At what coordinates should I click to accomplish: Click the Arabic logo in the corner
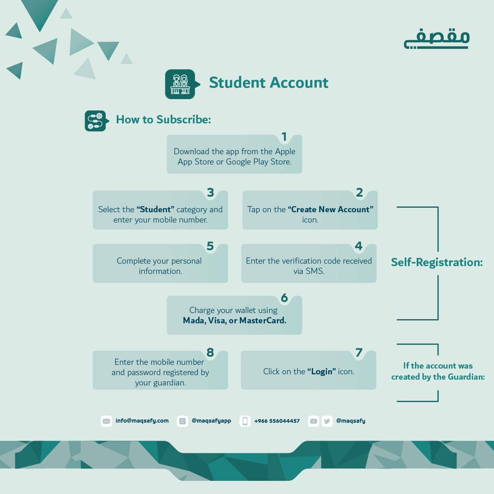[x=436, y=39]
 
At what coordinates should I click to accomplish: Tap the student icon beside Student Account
[x=180, y=84]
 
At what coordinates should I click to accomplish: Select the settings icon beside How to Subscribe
[x=95, y=121]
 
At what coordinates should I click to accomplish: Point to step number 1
[x=284, y=137]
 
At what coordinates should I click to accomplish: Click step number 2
[x=359, y=192]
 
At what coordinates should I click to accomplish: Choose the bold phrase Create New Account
[x=331, y=209]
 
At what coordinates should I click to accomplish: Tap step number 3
[x=211, y=192]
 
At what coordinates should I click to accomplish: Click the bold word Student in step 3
[x=155, y=209]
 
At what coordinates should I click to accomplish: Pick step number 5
[x=210, y=246]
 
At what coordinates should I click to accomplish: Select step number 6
[x=284, y=298]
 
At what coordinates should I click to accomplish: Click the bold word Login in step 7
[x=322, y=371]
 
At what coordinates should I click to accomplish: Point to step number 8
[x=210, y=353]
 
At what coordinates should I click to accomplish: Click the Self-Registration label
[x=437, y=262]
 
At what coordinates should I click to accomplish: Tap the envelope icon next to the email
[x=106, y=421]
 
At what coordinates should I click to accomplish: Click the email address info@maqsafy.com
[x=142, y=421]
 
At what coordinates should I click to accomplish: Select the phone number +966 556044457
[x=277, y=421]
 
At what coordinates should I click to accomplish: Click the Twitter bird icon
[x=327, y=421]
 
